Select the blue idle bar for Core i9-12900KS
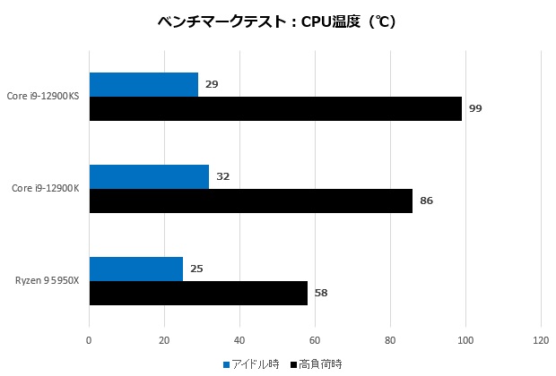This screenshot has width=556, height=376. tap(143, 85)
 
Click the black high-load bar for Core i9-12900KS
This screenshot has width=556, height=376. tap(275, 108)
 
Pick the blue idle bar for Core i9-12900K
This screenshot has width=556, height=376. tap(149, 177)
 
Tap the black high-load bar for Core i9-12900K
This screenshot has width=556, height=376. tap(251, 201)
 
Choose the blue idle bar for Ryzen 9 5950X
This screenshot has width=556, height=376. tap(135, 269)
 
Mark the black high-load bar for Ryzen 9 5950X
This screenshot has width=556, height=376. tap(198, 293)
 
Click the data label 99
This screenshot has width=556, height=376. tap(475, 108)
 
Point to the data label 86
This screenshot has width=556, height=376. tap(426, 201)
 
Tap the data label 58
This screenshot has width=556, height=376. tap(321, 293)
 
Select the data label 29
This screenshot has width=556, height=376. tap(212, 84)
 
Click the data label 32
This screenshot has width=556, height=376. tap(223, 176)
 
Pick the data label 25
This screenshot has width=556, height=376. tap(196, 269)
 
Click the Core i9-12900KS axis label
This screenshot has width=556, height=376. tap(42, 97)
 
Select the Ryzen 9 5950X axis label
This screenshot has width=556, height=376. tap(48, 280)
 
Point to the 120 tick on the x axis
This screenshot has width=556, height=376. tap(540, 340)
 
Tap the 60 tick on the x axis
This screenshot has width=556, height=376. tap(315, 340)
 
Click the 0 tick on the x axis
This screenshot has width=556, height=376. tap(89, 340)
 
